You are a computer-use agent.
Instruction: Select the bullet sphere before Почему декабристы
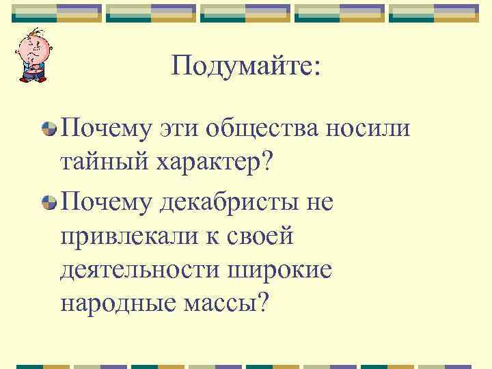[49, 202]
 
